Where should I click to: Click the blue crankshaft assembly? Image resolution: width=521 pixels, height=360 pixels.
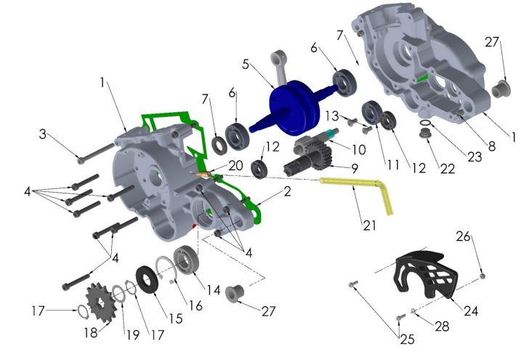(294, 106)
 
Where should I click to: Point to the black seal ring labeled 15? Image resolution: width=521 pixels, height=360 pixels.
(146, 279)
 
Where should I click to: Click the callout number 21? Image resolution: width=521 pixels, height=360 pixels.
(369, 225)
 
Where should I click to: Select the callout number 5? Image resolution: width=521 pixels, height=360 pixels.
(246, 64)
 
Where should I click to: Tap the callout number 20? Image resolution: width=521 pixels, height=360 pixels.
(235, 166)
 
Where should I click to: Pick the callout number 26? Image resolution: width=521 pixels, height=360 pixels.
(463, 236)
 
